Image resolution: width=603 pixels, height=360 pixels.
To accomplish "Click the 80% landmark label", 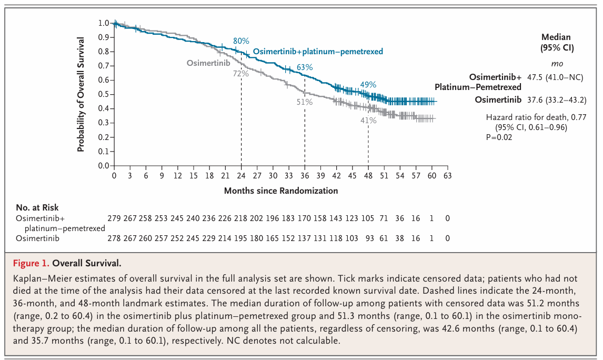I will click(x=241, y=41).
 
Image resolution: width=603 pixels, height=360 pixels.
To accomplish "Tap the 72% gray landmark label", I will click(x=240, y=74).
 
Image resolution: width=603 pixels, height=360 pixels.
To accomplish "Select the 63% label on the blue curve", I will click(x=305, y=67).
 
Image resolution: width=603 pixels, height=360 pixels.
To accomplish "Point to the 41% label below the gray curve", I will click(x=368, y=121).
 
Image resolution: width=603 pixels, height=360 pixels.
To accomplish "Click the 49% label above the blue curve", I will click(x=368, y=85).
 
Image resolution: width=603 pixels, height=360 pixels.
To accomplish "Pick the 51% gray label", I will click(x=305, y=102).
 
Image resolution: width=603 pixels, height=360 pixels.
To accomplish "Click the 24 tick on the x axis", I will click(x=241, y=175).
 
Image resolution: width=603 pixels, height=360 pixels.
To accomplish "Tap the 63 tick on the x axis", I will click(x=447, y=175).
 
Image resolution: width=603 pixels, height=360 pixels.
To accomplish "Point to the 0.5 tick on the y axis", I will click(x=103, y=94).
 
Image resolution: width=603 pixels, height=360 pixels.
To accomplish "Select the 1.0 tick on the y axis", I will click(x=103, y=23).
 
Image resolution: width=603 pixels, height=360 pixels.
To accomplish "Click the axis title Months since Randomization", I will click(x=281, y=191).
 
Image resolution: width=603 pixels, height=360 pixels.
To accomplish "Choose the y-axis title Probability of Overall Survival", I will click(x=81, y=95).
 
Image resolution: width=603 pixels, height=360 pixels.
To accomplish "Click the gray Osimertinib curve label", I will click(x=209, y=63).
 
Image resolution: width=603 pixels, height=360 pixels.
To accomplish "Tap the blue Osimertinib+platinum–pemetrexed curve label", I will click(x=318, y=52).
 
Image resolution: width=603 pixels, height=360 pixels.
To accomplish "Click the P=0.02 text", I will click(x=499, y=137).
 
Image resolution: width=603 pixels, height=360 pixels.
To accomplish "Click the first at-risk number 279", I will click(x=114, y=218).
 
